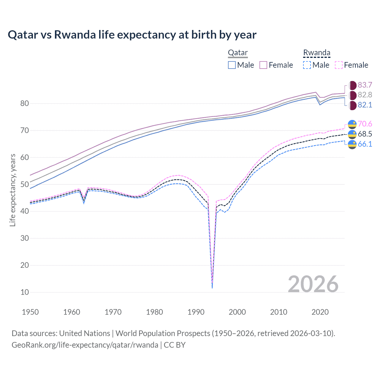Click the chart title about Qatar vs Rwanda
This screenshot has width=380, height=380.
coord(132,35)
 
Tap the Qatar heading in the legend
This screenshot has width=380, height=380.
coord(237,53)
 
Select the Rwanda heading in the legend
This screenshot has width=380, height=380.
coord(316,53)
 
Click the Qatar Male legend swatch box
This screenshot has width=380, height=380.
coord(232,65)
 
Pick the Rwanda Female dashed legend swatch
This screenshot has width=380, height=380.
coord(339,65)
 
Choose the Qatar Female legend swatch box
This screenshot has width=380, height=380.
coord(263,65)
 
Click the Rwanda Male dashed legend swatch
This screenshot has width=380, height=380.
coord(307,65)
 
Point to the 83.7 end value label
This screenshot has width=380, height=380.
coord(365,85)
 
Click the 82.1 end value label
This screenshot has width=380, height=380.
coord(365,105)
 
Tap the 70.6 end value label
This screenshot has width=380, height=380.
coord(365,124)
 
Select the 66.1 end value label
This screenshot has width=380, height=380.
coord(365,144)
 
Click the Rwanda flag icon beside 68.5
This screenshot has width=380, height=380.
coord(352,134)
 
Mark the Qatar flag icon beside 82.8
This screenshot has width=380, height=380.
coord(352,95)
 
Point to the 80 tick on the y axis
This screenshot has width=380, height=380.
coord(25,104)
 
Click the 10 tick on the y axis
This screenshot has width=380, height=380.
coord(25,292)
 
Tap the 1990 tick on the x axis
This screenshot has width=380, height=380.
coord(196,312)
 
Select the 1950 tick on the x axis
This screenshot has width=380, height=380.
coord(30,312)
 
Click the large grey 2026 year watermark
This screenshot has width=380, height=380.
coord(313,284)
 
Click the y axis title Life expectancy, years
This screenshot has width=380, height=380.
coord(12,190)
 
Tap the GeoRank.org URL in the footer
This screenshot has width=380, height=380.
coord(85,345)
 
